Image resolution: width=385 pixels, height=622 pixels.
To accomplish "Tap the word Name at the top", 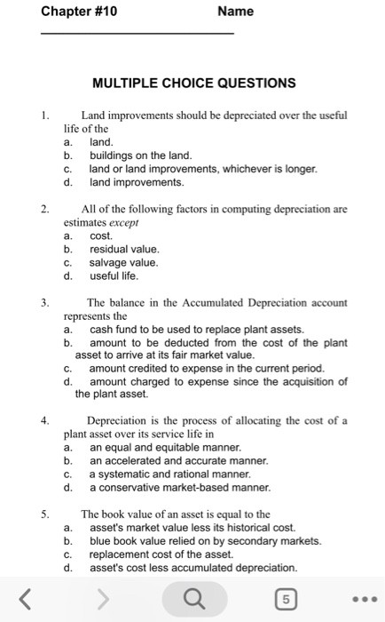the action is (x=235, y=12).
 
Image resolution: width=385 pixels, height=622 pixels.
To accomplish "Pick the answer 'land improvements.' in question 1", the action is (x=137, y=182).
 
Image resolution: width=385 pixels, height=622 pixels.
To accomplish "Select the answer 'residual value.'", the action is (x=125, y=250).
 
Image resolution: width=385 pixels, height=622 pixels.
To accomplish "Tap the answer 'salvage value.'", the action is (x=125, y=263).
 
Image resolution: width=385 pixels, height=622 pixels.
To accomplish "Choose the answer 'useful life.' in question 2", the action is (x=116, y=276).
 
